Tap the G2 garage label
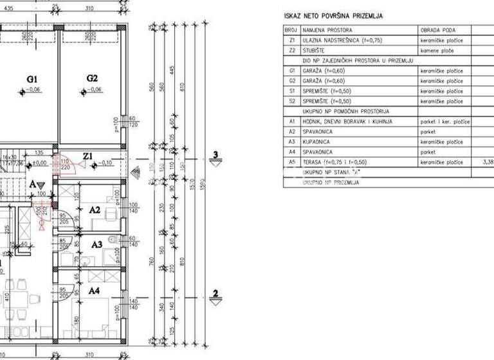coord(92,78)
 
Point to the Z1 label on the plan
coord(88,156)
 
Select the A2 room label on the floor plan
coord(94,209)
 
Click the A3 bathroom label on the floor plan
coord(96,244)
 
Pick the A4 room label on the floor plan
coord(94,291)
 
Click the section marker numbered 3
coord(216,156)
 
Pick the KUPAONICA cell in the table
coord(318,141)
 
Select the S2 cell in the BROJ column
coord(292,101)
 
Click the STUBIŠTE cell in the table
coord(316,49)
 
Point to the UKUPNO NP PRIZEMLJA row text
coord(332,183)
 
